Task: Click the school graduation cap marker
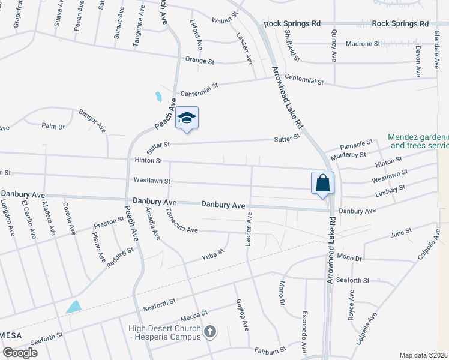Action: click(x=187, y=118)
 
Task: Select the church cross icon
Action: click(x=210, y=331)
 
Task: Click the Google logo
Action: click(x=20, y=353)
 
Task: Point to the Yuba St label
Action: click(x=212, y=255)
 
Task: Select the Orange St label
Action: click(x=200, y=61)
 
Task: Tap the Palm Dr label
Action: click(x=53, y=126)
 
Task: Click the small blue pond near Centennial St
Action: click(x=158, y=97)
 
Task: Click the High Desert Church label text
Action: click(x=164, y=332)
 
